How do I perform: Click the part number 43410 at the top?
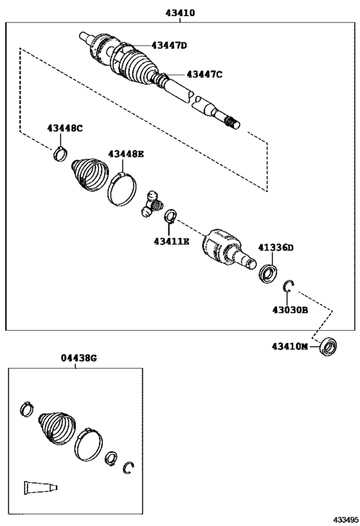(180, 12)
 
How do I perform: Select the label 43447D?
(169, 45)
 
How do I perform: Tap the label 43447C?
(204, 75)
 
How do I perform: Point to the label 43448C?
(65, 128)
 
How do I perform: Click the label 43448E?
(126, 153)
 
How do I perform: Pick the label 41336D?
(276, 247)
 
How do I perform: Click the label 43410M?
(289, 347)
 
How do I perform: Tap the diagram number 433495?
(345, 518)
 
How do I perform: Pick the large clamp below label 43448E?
(122, 188)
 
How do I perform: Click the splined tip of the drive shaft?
(233, 122)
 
